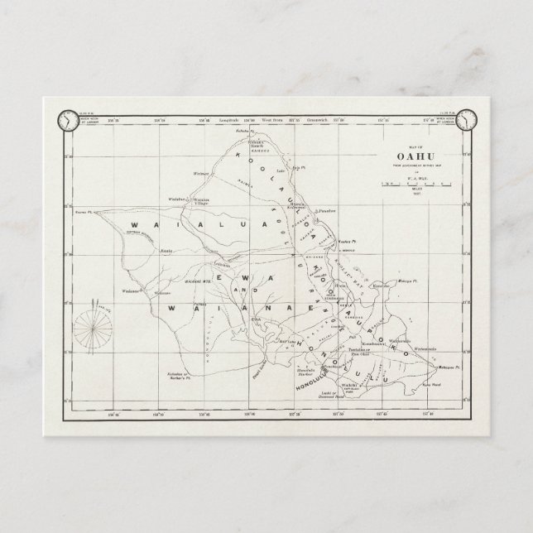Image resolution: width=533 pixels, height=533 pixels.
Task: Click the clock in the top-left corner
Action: coord(66,120)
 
